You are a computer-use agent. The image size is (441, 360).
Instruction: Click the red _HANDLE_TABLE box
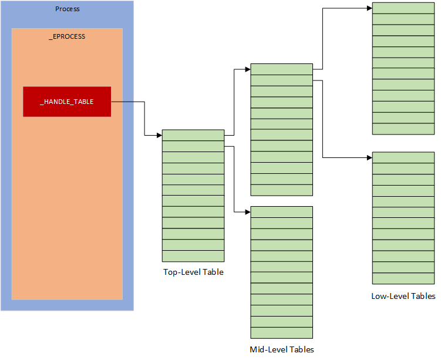point(67,102)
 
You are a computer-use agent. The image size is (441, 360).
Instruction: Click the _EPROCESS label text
point(67,36)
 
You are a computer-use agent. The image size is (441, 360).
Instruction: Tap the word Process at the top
point(67,9)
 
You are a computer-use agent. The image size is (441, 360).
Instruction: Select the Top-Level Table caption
point(193,272)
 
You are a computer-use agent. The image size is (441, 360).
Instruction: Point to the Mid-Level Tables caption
point(282,349)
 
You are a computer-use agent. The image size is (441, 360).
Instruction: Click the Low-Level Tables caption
point(403,296)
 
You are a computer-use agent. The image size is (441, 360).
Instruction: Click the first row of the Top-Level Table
point(193,135)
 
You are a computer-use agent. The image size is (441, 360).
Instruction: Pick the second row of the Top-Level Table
point(193,146)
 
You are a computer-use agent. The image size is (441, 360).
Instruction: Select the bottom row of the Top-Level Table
point(193,256)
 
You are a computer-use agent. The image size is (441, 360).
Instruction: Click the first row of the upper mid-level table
point(282,69)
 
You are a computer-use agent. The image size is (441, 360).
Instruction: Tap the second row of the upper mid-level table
point(282,80)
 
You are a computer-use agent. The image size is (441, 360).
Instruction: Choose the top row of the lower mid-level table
point(282,212)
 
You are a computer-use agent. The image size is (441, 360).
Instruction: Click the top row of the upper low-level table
point(403,8)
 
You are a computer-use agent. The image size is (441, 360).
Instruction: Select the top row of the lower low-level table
point(403,157)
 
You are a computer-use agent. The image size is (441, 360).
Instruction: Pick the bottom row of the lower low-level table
point(403,278)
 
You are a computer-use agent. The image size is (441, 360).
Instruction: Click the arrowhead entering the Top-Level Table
point(159,135)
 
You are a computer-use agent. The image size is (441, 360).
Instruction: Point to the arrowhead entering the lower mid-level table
point(247,212)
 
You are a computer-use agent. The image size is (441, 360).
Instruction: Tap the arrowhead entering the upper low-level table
point(369,8)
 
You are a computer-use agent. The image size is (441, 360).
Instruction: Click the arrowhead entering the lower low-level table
point(369,157)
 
